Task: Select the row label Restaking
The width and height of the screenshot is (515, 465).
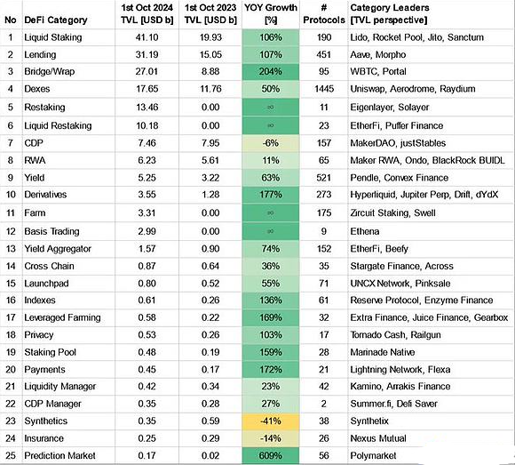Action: [x=51, y=107]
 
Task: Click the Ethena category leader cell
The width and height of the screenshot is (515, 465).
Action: [x=369, y=230]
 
